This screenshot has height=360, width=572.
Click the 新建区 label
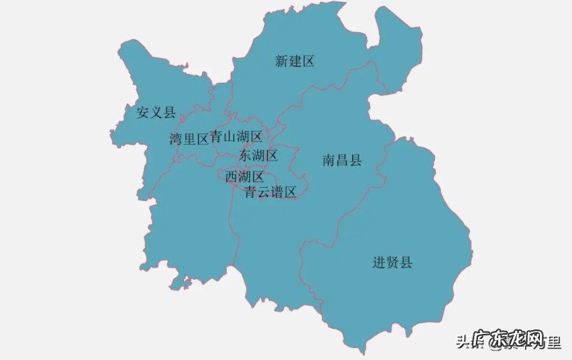click(295, 61)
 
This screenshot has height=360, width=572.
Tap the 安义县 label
click(156, 113)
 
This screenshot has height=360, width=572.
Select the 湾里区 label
click(188, 139)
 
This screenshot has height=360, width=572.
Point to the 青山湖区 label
click(236, 136)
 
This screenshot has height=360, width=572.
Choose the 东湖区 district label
click(258, 156)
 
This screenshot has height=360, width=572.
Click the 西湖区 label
click(245, 177)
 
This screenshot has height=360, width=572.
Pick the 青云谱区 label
click(270, 192)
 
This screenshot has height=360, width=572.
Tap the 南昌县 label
click(342, 160)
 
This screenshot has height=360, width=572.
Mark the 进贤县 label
click(392, 262)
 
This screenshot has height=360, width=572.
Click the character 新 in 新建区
click(282, 61)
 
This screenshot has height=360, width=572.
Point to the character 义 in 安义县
click(157, 113)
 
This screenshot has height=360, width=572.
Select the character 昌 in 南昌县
click(342, 160)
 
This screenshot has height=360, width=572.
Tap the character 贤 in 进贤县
click(392, 262)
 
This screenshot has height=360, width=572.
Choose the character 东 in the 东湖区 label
click(245, 156)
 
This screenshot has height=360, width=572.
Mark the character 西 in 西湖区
click(231, 177)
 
